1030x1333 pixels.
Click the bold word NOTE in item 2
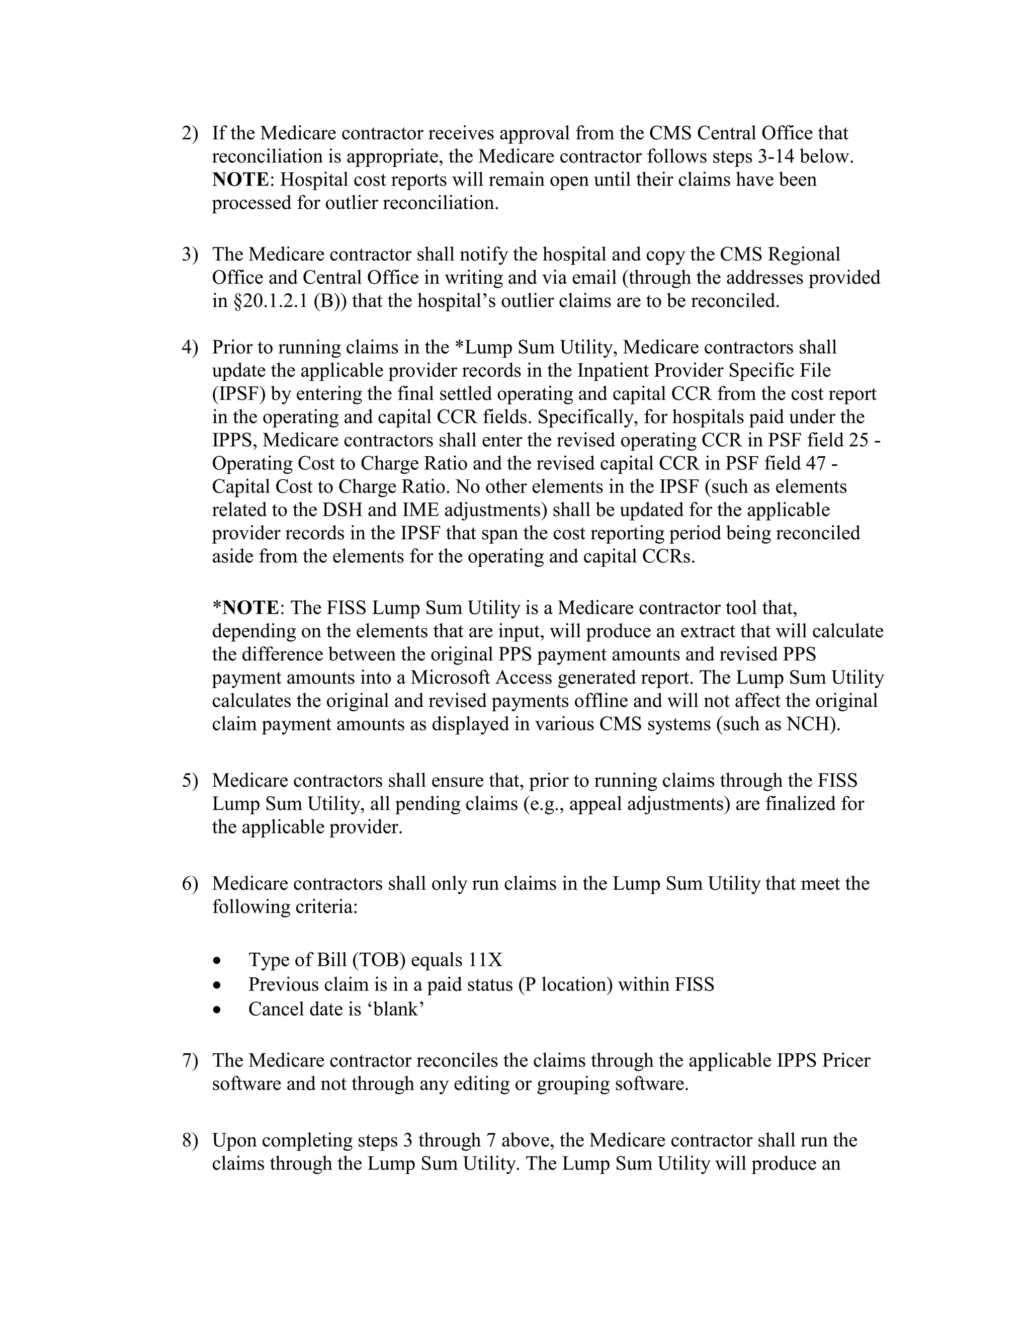(240, 180)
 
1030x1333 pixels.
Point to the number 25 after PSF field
(859, 441)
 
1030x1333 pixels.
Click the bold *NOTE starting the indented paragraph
(245, 608)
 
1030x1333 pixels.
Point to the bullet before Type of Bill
(218, 961)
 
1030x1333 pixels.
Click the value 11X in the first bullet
(485, 960)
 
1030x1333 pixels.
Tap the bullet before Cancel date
(218, 1010)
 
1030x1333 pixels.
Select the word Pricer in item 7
(846, 1060)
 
